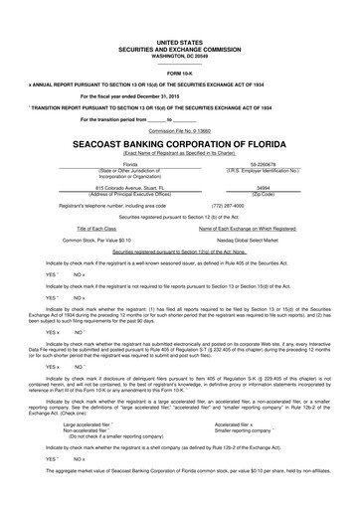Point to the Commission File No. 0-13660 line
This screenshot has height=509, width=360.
[179, 129]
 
